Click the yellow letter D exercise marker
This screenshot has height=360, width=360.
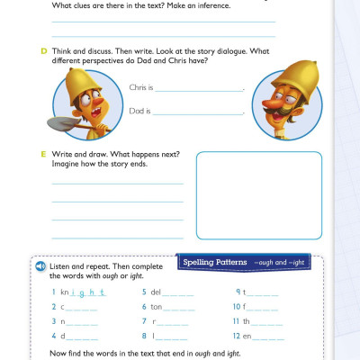click(x=43, y=51)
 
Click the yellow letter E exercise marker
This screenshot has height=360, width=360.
click(x=43, y=155)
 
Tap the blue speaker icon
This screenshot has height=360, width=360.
click(x=40, y=267)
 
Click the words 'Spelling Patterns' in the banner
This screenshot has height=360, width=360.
click(x=215, y=262)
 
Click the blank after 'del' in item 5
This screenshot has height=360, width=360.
click(x=177, y=293)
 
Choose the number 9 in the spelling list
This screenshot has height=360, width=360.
click(x=237, y=292)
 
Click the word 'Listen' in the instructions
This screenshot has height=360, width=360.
click(x=60, y=267)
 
